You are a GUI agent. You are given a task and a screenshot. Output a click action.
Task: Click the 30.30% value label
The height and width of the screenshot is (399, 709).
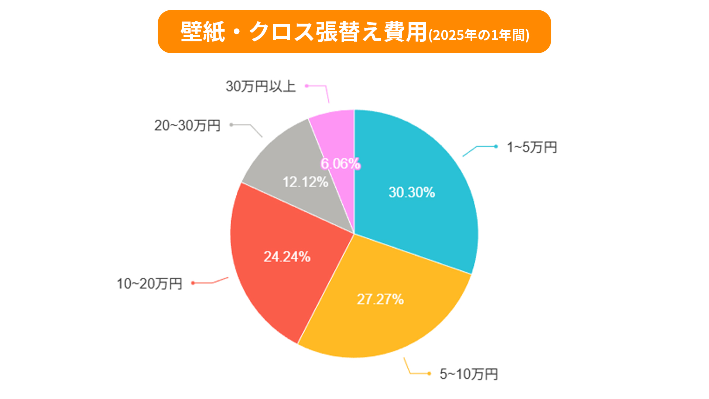(412, 192)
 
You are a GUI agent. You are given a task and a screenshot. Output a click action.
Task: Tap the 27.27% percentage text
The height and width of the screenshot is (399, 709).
(380, 299)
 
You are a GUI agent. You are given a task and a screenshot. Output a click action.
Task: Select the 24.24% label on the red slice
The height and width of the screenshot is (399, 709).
(287, 257)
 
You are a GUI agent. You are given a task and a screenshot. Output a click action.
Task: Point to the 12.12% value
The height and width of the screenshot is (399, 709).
(305, 182)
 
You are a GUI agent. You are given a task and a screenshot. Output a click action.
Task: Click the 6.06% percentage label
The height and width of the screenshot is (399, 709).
(340, 163)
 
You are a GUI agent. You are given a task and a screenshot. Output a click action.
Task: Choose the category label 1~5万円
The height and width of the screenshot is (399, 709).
(532, 147)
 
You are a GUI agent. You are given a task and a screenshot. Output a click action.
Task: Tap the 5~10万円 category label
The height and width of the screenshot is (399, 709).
(469, 374)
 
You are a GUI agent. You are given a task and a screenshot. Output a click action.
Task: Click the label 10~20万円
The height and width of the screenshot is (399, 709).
(150, 283)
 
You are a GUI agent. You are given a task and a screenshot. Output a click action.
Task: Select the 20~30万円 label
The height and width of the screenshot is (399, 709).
(187, 125)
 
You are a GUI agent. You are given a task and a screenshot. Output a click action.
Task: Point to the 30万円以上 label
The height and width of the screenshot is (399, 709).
(261, 86)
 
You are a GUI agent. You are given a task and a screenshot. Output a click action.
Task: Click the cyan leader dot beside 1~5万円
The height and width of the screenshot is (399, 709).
(496, 147)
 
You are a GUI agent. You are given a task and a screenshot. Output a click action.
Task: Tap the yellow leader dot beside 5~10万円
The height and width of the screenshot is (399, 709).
(429, 374)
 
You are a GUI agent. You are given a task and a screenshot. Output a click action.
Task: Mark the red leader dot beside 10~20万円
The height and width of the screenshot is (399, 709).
(193, 283)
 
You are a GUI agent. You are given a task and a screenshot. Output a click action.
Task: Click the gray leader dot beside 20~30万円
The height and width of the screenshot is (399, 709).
(231, 125)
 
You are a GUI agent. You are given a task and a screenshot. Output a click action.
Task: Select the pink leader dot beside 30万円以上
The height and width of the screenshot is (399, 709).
(306, 86)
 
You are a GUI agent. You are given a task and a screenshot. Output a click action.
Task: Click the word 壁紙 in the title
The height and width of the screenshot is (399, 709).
(203, 32)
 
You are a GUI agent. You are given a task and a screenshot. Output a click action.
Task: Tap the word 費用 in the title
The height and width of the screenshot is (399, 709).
(405, 32)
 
